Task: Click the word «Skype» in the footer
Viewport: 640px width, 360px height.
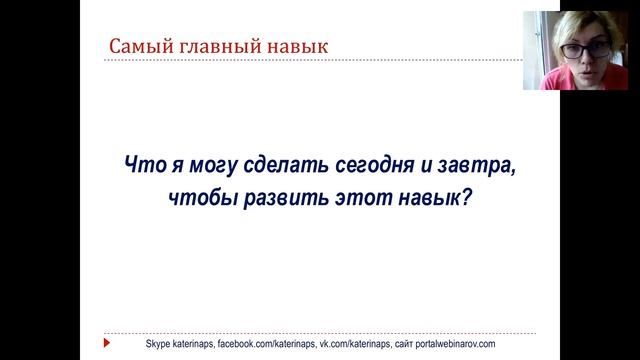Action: coord(146,343)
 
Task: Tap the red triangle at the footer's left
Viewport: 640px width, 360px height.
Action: coord(107,343)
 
